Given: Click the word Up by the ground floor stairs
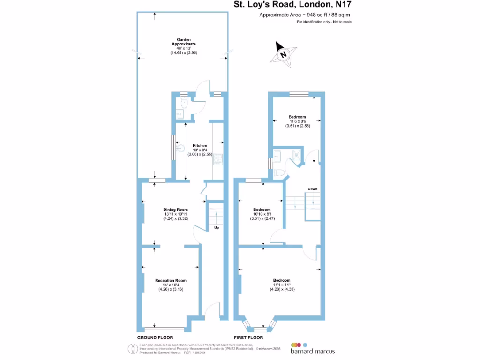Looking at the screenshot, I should tap(217, 228).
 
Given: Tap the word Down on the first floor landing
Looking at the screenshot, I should tap(313, 189).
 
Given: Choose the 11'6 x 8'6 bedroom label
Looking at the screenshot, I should tap(297, 121).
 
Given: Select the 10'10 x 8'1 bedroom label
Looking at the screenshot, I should tap(262, 214).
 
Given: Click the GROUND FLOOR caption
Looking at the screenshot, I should tap(155, 337).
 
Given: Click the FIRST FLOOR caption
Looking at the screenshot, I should tap(248, 337).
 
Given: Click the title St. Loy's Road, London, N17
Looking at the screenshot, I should tap(293, 5).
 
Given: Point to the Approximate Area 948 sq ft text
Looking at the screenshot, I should tap(305, 15).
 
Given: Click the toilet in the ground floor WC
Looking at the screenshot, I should tap(184, 104).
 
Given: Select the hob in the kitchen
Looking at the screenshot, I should tap(218, 160).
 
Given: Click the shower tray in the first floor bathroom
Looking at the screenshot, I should tap(296, 155).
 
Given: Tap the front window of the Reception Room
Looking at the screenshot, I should tap(164, 330).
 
